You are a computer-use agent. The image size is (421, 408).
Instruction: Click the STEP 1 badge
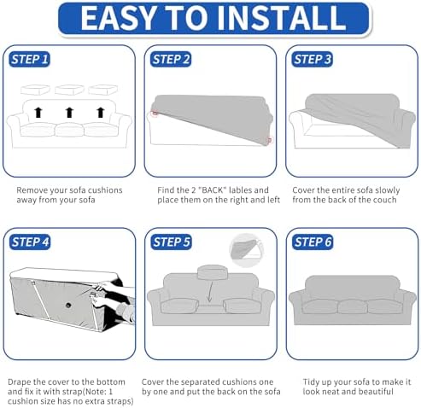[29, 60]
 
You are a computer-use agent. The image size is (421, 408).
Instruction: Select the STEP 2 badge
[171, 60]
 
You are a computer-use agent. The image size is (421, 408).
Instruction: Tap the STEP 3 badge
[312, 60]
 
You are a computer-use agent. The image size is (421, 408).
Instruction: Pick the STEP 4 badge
[30, 242]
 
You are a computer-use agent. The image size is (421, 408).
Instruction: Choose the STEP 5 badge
[171, 242]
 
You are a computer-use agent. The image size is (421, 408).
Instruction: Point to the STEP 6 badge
[313, 242]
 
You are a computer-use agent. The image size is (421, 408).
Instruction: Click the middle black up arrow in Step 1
[69, 113]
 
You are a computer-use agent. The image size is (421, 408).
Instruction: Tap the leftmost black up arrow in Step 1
[38, 113]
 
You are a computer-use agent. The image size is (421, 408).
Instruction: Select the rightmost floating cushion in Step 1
[102, 90]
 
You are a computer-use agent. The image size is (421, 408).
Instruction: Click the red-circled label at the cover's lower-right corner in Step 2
[269, 140]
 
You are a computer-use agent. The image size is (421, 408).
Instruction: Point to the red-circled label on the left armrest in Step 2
[155, 114]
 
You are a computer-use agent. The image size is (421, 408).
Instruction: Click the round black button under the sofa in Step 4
[68, 306]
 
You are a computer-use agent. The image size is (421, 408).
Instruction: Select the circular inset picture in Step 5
[247, 250]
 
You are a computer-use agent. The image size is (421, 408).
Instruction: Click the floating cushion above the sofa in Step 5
[213, 272]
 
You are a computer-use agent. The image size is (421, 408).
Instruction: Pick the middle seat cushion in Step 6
[353, 306]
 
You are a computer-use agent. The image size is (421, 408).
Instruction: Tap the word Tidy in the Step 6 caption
[310, 382]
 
